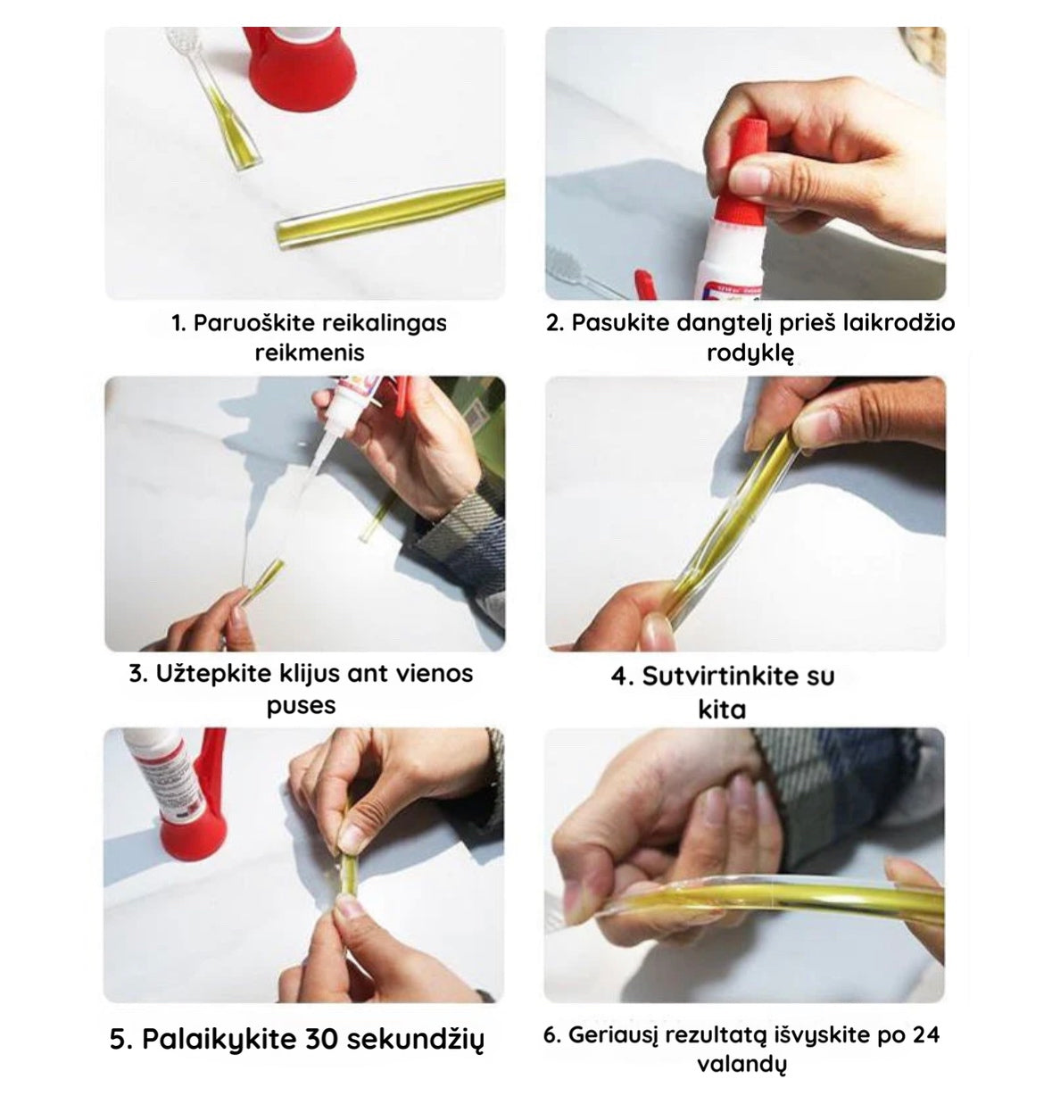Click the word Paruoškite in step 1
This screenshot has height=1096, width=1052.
tap(253, 323)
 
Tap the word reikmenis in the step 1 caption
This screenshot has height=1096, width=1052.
tap(310, 353)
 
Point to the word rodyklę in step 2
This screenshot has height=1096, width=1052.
tap(750, 353)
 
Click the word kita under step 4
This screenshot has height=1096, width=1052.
tap(722, 709)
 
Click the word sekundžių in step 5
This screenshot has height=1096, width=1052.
tap(415, 1040)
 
